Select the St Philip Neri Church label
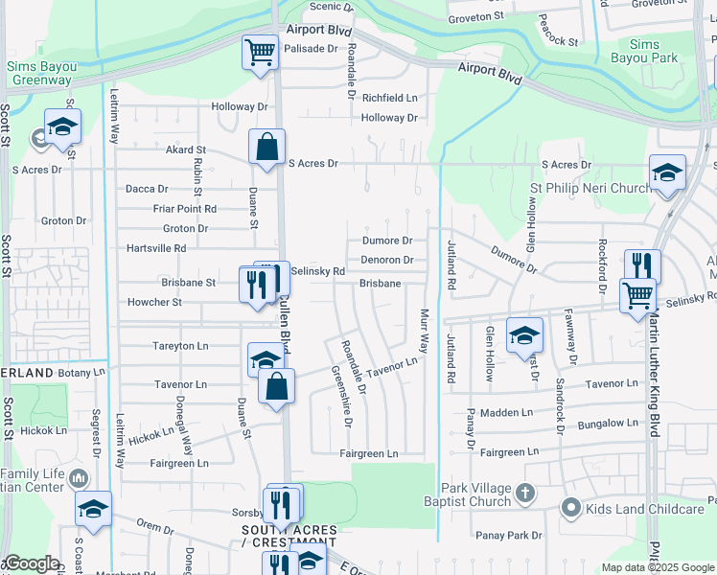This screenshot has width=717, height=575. [591, 188]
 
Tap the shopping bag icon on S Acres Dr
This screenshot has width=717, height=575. [267, 147]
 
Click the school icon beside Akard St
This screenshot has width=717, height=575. [62, 126]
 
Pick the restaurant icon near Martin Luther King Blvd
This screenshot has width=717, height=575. [642, 265]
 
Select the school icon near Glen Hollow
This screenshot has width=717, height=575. [524, 334]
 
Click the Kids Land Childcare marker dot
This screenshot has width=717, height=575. [571, 508]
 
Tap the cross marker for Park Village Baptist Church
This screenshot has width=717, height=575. [523, 494]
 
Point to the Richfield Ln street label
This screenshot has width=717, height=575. [389, 98]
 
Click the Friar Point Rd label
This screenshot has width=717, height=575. [184, 208]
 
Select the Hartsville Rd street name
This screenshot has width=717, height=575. [156, 247]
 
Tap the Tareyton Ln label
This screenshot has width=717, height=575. [180, 345]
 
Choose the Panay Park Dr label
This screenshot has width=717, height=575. [508, 535]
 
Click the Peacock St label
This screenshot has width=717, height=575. [558, 31]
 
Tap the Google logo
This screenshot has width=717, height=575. [32, 563]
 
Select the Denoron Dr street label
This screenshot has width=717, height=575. [386, 260]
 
